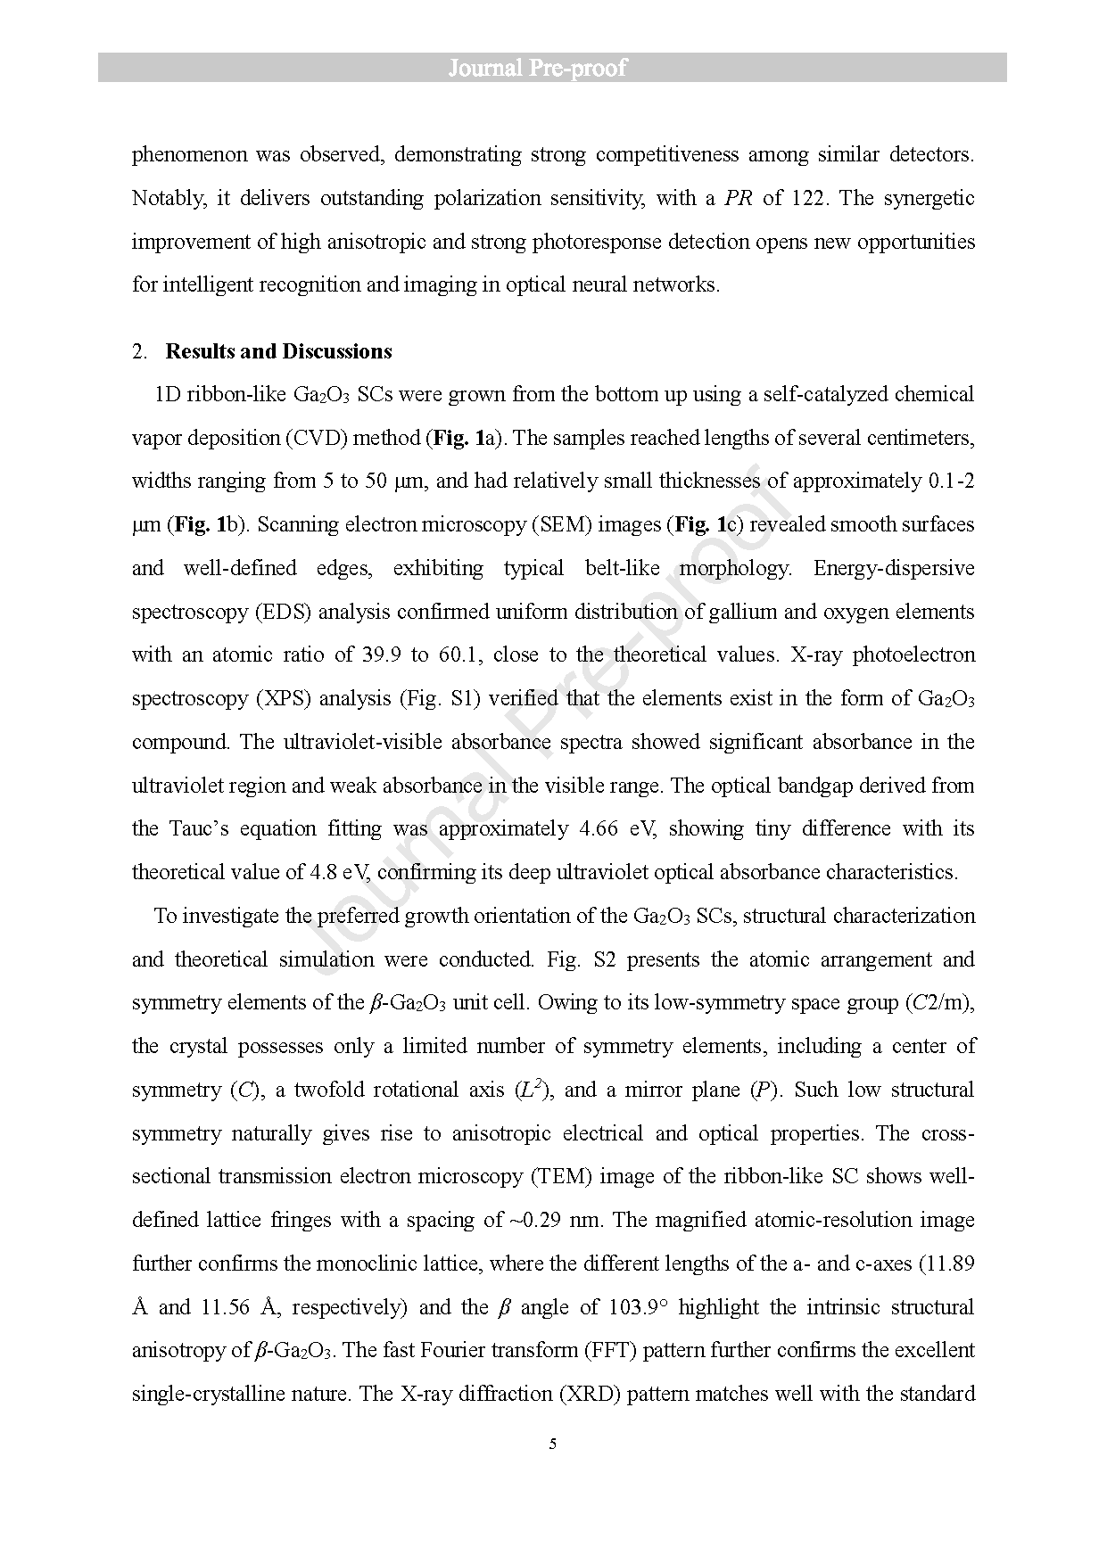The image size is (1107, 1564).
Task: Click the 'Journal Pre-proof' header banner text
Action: pos(537,68)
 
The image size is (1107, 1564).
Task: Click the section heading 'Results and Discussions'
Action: pos(278,351)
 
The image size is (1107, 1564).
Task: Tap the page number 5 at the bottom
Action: pos(553,1444)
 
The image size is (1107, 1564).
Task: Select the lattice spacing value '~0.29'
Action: pos(533,1220)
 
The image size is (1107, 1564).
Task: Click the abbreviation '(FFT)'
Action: pos(609,1350)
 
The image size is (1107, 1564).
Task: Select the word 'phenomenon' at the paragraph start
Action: pos(189,155)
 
